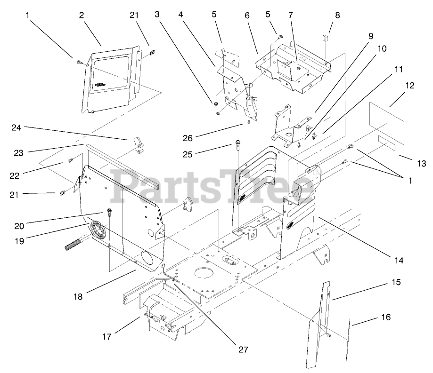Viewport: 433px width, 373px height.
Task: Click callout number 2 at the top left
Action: (x=82, y=15)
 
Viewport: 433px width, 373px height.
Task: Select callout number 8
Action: (x=337, y=15)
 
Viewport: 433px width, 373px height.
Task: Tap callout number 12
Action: (x=409, y=86)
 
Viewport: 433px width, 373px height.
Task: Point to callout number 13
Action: (x=421, y=164)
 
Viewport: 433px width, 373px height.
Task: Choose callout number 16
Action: (x=385, y=317)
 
